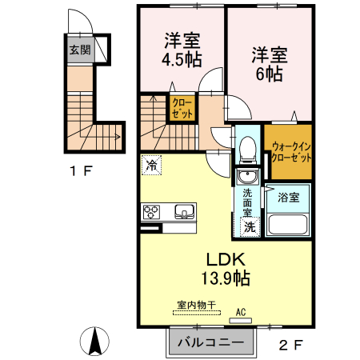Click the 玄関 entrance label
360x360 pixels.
coord(78,50)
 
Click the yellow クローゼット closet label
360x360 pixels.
coord(181,108)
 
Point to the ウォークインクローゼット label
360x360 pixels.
coord(290,152)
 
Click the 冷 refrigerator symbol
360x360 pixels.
coord(151,166)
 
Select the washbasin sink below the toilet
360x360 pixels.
coord(246,178)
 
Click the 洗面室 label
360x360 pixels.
coord(247,203)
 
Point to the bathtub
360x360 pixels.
coord(287,223)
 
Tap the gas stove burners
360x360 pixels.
coord(152,212)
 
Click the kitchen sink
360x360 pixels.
coord(185,213)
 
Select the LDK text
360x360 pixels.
coord(226,260)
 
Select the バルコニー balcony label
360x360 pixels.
coord(210,342)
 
